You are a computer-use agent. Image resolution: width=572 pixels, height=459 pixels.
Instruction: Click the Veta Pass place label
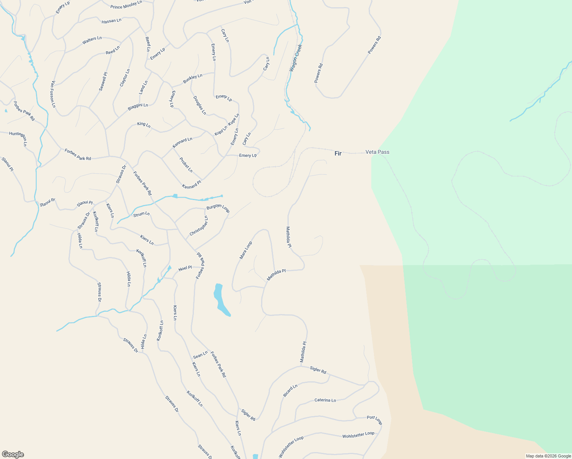click(x=377, y=152)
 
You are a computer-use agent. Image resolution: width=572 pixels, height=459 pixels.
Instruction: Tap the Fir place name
click(x=338, y=153)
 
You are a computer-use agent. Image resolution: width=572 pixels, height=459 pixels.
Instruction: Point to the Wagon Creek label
click(x=296, y=58)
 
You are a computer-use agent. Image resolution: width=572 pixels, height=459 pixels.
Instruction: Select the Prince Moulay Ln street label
click(x=126, y=5)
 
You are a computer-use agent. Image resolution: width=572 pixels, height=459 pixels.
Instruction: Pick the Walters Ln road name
click(x=92, y=40)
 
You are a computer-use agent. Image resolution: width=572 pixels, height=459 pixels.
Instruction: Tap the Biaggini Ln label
click(x=138, y=107)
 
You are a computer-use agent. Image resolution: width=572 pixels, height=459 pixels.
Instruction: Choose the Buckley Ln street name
click(x=192, y=79)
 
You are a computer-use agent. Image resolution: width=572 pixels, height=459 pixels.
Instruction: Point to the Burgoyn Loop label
click(x=218, y=209)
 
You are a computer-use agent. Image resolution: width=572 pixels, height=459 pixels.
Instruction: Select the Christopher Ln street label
click(x=199, y=226)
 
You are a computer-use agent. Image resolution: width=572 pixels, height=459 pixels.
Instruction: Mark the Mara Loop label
click(x=245, y=250)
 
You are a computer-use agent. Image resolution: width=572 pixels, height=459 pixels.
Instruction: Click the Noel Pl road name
click(x=185, y=268)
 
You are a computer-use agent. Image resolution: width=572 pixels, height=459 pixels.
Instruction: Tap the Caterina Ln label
click(x=325, y=400)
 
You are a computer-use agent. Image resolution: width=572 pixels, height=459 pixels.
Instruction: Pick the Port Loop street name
click(x=374, y=420)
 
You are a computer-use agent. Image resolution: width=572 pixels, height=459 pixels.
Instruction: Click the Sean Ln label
click(x=200, y=355)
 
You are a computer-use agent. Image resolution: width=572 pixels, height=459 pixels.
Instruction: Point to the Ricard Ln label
click(x=290, y=391)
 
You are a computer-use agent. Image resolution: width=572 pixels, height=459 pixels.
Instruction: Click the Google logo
click(x=13, y=454)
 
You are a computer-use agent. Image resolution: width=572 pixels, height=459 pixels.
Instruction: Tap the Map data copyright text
click(x=548, y=456)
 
